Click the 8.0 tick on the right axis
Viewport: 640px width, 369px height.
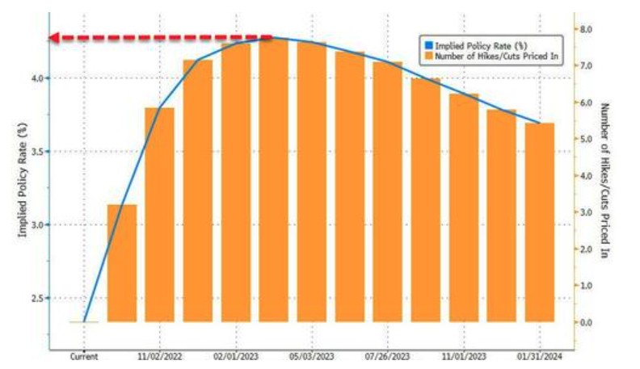pos(586,29)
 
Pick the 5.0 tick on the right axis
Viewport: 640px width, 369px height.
pos(586,139)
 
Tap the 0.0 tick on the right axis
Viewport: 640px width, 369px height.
pos(586,323)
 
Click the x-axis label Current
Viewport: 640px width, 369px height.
pos(84,355)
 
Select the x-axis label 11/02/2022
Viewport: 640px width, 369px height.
pos(159,355)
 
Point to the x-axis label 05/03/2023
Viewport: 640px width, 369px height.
pos(311,355)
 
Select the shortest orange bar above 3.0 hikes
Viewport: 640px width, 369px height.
pos(122,263)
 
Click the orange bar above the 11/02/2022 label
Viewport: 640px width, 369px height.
pos(160,215)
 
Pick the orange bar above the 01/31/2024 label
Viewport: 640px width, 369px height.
pos(540,222)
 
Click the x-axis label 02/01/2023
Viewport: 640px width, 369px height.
pos(235,355)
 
